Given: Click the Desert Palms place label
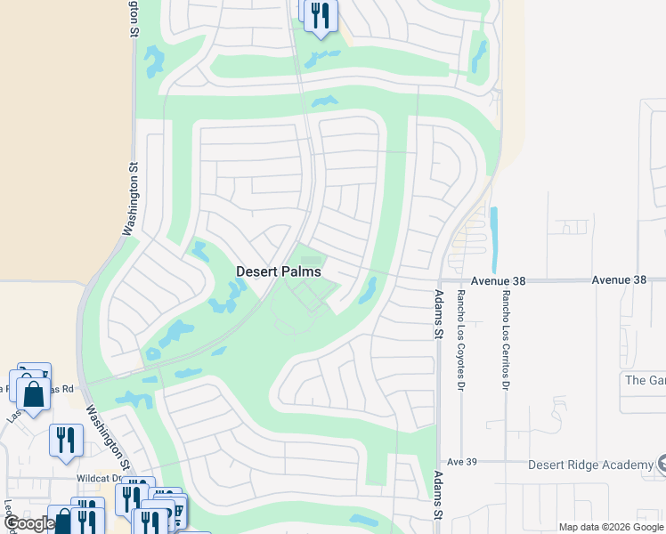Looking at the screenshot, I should coord(279,271).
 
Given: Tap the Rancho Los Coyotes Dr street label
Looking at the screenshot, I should coord(460,340).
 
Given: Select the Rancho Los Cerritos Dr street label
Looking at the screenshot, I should coord(505,340).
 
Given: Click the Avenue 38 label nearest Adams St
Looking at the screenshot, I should coord(499,280).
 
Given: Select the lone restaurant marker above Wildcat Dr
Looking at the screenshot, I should coord(66,439).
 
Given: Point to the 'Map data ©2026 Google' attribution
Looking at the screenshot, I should coord(610,527).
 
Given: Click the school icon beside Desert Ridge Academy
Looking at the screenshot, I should coord(661,465).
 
